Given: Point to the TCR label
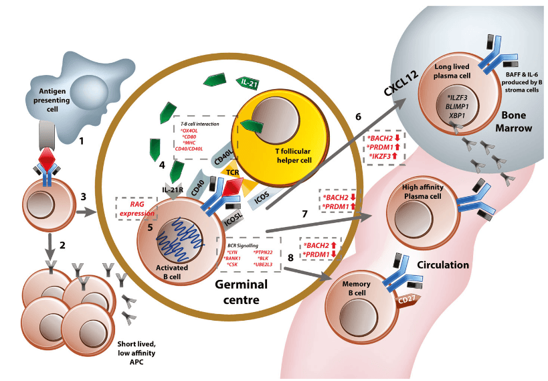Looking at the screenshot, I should pos(252,172).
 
